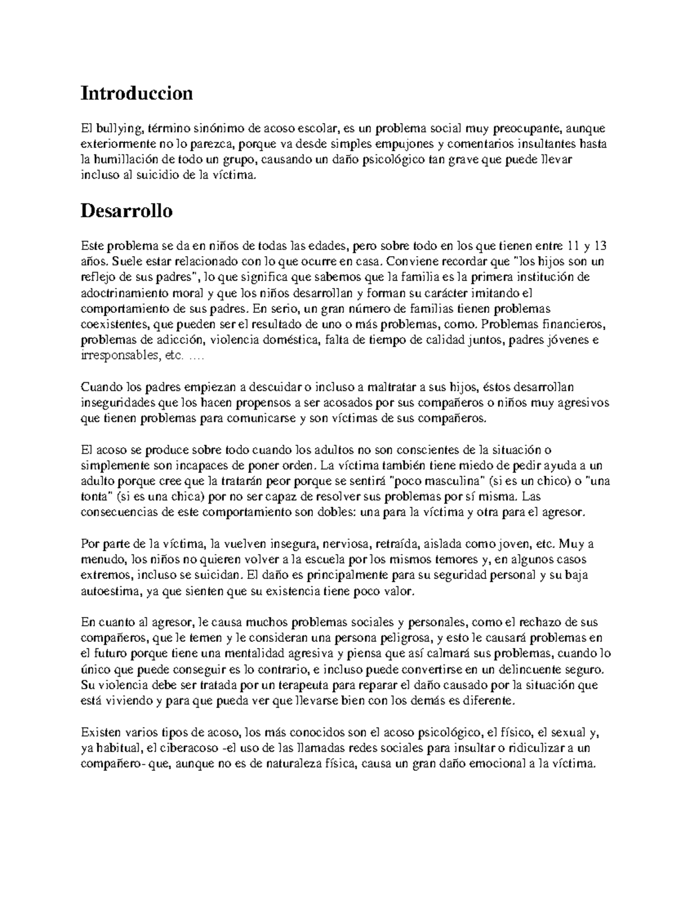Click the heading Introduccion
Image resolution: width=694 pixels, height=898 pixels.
[x=136, y=93]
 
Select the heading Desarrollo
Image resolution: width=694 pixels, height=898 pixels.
[x=127, y=210]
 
